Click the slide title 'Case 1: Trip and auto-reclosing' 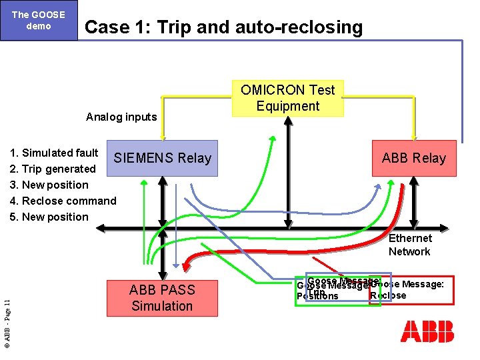(224, 27)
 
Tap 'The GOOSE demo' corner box (39, 20)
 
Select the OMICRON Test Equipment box (288, 98)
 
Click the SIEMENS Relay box (162, 158)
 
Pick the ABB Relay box (413, 158)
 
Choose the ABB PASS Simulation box (162, 298)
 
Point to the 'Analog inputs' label (121, 117)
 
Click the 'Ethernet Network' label (409, 245)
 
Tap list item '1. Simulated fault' (54, 153)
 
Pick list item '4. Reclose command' (63, 201)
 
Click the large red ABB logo (427, 331)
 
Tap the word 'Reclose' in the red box (389, 296)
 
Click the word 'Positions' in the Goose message (317, 297)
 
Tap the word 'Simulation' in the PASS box (162, 307)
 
